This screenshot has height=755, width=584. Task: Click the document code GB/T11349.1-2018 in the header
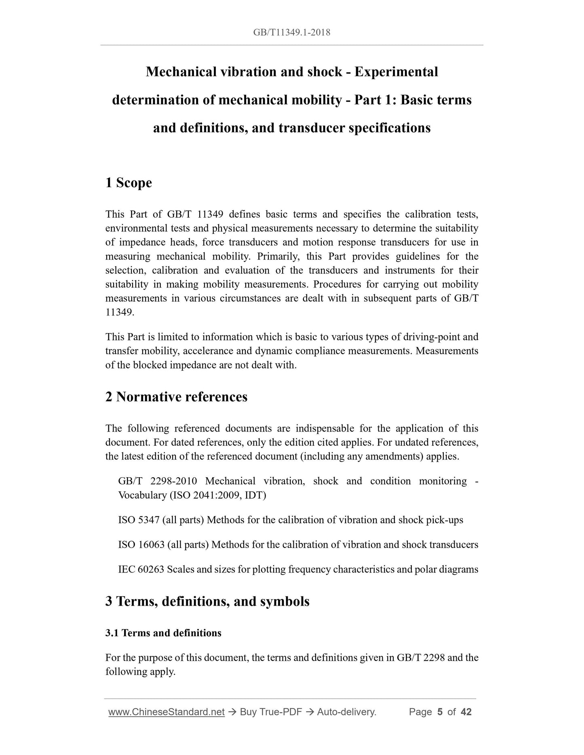(x=291, y=33)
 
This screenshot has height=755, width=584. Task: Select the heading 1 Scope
(x=129, y=183)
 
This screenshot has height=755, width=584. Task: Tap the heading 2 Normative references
(x=176, y=397)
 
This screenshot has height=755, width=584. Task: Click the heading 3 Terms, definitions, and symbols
(x=207, y=601)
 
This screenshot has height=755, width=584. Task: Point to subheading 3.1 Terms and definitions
(x=163, y=633)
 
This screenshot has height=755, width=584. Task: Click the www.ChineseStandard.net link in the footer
(x=167, y=712)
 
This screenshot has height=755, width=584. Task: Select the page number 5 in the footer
(x=440, y=712)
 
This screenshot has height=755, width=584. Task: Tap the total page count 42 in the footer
(x=466, y=712)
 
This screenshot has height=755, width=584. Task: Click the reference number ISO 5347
(x=139, y=520)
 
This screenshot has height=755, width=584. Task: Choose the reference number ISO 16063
(x=141, y=545)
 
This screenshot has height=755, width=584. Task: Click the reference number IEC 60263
(x=141, y=569)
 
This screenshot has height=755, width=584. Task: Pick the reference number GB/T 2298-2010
(x=158, y=481)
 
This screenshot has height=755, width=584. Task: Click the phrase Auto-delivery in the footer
(x=346, y=712)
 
